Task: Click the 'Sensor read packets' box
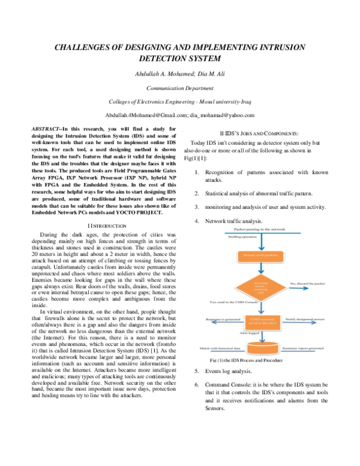(x=261, y=256)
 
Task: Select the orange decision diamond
(x=260, y=286)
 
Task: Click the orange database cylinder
(x=263, y=348)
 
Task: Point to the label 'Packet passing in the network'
(x=259, y=230)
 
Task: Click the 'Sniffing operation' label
(x=242, y=237)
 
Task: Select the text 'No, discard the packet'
(x=307, y=283)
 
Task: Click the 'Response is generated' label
(x=219, y=319)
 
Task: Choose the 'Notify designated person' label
(x=305, y=319)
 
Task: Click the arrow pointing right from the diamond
(x=298, y=288)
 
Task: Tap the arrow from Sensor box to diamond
(x=261, y=269)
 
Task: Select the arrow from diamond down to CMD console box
(x=261, y=307)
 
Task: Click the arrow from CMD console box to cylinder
(x=262, y=336)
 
